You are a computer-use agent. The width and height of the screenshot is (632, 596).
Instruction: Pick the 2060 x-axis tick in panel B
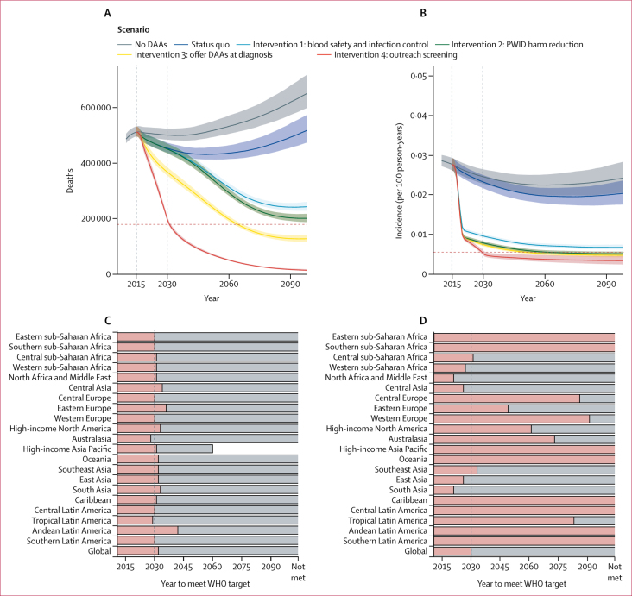tap(544, 284)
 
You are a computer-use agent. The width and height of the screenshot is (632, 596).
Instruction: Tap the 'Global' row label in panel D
tap(416, 550)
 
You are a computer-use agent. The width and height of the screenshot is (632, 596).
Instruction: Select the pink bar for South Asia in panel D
tap(443, 490)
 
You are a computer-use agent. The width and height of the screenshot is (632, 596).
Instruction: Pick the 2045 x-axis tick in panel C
tap(183, 568)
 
